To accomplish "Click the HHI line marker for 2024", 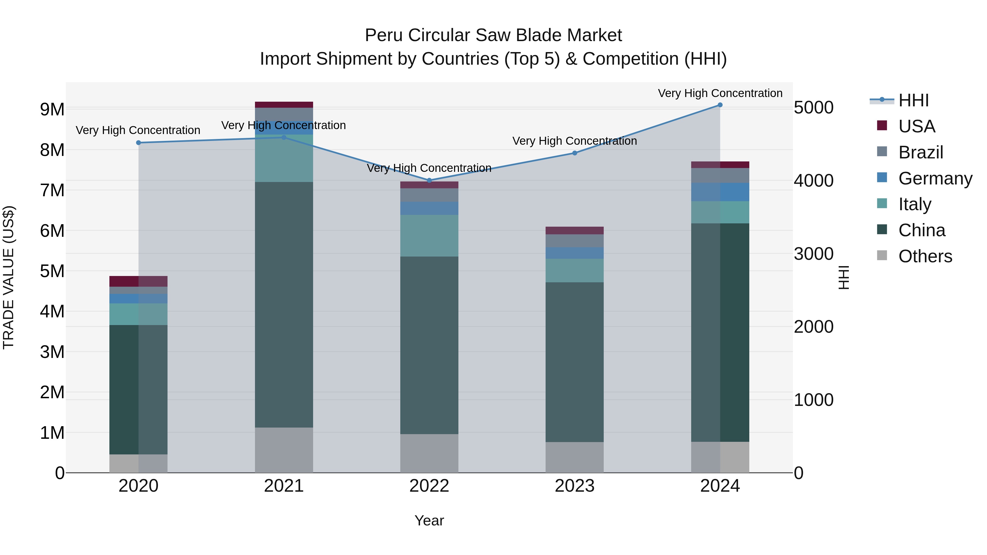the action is point(720,105).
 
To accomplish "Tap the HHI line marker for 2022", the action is point(429,180).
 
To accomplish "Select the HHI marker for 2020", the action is point(139,143).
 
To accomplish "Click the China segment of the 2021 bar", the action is point(284,304).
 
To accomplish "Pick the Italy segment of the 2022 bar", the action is point(429,235).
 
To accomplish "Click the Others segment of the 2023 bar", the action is point(574,457).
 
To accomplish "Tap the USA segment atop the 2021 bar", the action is point(284,105).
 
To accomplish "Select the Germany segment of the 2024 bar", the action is point(720,192).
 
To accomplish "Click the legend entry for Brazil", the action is point(920,152).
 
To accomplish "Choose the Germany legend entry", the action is point(935,178).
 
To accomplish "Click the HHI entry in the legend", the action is point(914,100).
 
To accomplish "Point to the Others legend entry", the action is point(925,256).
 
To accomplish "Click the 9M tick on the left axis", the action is point(52,110).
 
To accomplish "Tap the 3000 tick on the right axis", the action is point(813,254).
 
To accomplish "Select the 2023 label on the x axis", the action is point(574,486).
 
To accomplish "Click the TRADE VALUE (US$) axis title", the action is point(8,277).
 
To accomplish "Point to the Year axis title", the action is point(429,520).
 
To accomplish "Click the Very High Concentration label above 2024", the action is point(720,93).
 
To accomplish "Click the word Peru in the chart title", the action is point(384,35).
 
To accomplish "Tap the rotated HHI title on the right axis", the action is point(844,277).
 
